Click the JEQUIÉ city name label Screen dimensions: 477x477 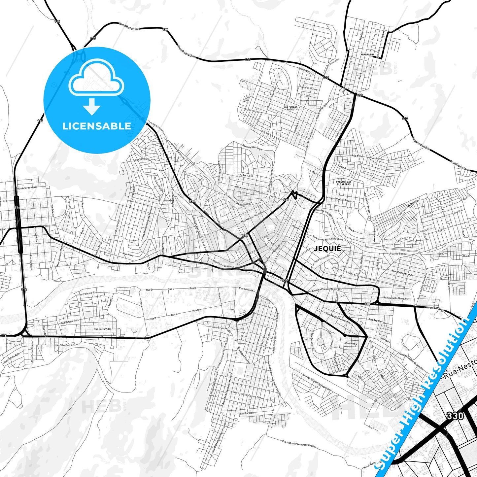pos(327,249)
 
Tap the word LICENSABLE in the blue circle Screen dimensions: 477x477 pos(97,126)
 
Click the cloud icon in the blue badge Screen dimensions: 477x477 pos(96,79)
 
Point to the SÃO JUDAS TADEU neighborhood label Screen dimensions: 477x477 pos(290,108)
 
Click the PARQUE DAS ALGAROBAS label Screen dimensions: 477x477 pos(343,183)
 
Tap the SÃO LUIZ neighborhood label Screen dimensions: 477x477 pos(247,176)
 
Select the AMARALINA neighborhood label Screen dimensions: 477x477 pos(367,54)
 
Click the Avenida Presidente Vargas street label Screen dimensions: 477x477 pos(327,290)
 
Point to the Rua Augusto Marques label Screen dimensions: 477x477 pos(395,298)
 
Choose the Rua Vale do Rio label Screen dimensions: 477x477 pos(87,293)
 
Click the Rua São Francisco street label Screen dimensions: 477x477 pos(66,345)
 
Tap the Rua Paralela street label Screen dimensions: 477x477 pos(247,413)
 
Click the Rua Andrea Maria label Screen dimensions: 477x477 pos(27,187)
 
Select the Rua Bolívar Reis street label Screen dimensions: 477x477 pos(69,321)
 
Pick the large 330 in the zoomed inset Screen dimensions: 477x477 pos(455,416)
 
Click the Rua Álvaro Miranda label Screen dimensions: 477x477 pos(402,273)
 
